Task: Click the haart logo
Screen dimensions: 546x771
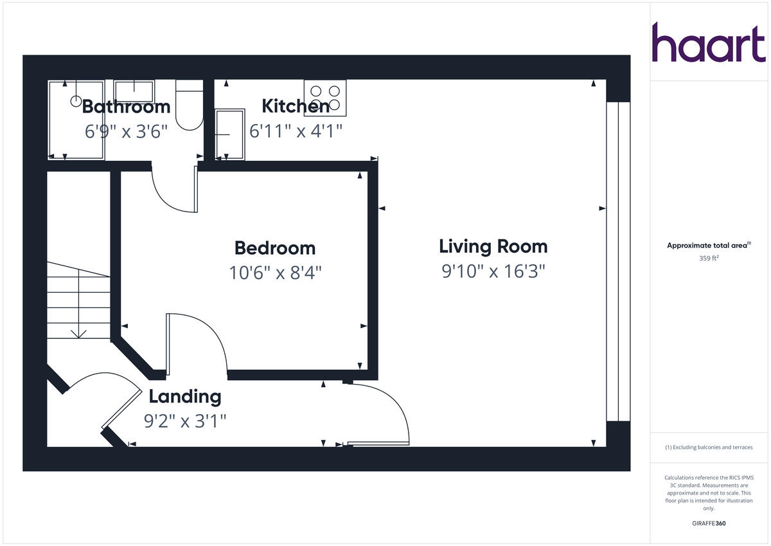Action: point(709,42)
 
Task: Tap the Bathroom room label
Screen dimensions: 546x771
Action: point(126,106)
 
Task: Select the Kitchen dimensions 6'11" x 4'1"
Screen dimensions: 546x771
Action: point(296,131)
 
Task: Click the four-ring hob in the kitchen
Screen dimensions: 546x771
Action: point(325,98)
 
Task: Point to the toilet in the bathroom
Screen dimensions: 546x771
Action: point(189,106)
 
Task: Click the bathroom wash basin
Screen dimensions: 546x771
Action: point(134,91)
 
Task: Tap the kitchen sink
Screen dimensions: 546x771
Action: point(230,134)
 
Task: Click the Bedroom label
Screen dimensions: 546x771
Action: point(275,248)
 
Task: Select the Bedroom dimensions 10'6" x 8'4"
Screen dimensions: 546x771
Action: point(275,273)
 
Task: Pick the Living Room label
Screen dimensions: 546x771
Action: point(493,246)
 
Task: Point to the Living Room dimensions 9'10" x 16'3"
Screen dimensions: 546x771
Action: point(493,271)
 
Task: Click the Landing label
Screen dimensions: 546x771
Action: point(185,396)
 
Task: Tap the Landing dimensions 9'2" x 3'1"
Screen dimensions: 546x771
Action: point(185,421)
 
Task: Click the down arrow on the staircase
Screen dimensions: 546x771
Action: point(79,332)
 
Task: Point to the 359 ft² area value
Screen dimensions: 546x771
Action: point(708,259)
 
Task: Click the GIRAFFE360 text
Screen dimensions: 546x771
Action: point(708,523)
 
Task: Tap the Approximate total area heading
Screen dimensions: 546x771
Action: point(708,245)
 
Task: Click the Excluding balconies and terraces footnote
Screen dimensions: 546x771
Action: point(708,448)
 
